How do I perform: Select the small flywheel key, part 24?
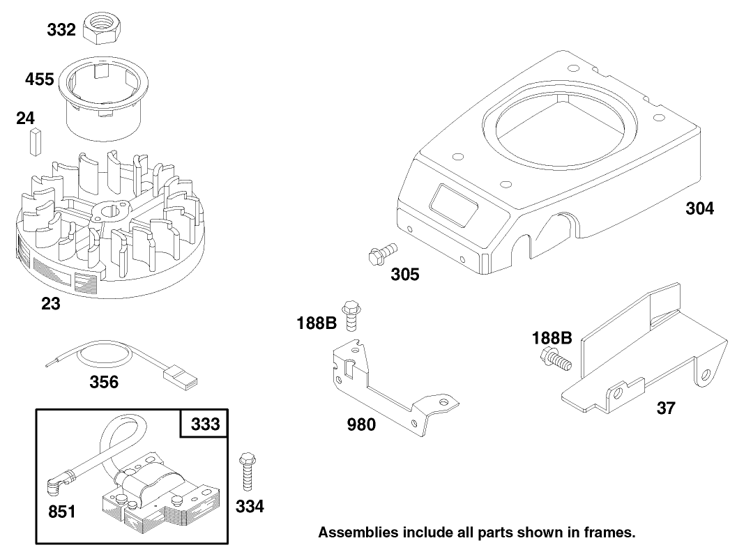point(32,142)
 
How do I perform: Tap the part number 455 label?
point(39,79)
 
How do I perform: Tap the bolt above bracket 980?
point(351,315)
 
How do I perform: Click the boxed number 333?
point(204,424)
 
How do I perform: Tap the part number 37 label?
point(666,408)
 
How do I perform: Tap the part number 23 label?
point(50,304)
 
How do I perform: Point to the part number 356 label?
point(103,382)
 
